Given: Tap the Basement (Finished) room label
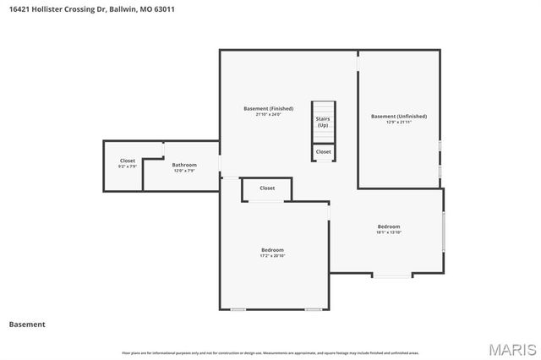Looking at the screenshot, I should (268, 108).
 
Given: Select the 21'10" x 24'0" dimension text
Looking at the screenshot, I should (268, 115).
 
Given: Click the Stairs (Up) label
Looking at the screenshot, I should (323, 122).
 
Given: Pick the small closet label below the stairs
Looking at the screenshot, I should (323, 152).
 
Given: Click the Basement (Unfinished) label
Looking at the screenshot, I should (399, 116).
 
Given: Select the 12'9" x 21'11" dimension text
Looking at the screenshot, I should (399, 123).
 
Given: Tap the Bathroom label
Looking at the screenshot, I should (184, 165).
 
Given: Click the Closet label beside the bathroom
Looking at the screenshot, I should (127, 161).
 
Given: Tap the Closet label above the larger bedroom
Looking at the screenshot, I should (267, 188).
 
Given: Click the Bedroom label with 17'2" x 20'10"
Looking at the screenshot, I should (272, 250).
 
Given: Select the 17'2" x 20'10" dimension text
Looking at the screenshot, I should (272, 257).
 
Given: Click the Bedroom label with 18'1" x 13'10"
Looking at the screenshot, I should (388, 226).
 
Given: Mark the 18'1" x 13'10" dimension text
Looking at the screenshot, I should (388, 232).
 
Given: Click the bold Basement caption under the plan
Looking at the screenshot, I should (27, 325).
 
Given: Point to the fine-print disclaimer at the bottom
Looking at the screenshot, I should (270, 352).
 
